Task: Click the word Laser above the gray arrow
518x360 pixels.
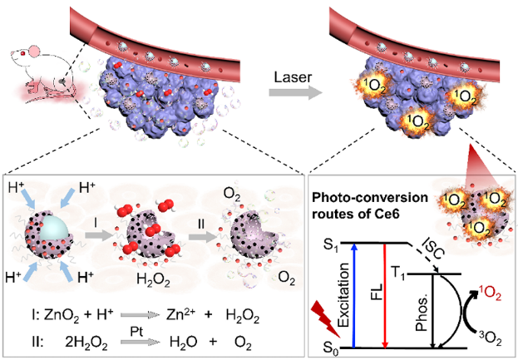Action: click(293, 77)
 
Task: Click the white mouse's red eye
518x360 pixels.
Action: click(23, 53)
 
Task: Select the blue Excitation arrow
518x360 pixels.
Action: click(354, 296)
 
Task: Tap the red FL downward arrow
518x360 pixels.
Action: click(384, 296)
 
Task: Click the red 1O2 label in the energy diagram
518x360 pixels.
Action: click(490, 294)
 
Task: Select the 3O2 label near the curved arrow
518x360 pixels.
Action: click(490, 338)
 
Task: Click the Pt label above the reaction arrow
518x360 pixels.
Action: click(136, 332)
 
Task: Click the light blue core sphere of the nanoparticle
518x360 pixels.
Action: click(55, 228)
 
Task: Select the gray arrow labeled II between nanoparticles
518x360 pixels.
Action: click(202, 236)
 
